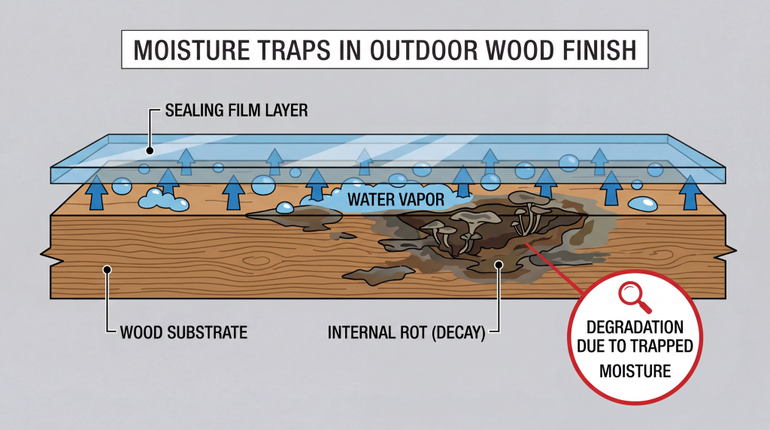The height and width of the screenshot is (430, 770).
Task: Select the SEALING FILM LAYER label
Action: [235, 111]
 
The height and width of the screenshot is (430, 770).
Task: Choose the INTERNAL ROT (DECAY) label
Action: [406, 330]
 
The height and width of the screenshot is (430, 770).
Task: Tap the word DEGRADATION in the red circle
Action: [635, 329]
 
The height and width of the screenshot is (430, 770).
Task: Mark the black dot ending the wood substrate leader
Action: [108, 268]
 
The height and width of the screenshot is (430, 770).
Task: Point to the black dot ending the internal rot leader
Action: [498, 264]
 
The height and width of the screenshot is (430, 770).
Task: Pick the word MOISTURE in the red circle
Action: [635, 371]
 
